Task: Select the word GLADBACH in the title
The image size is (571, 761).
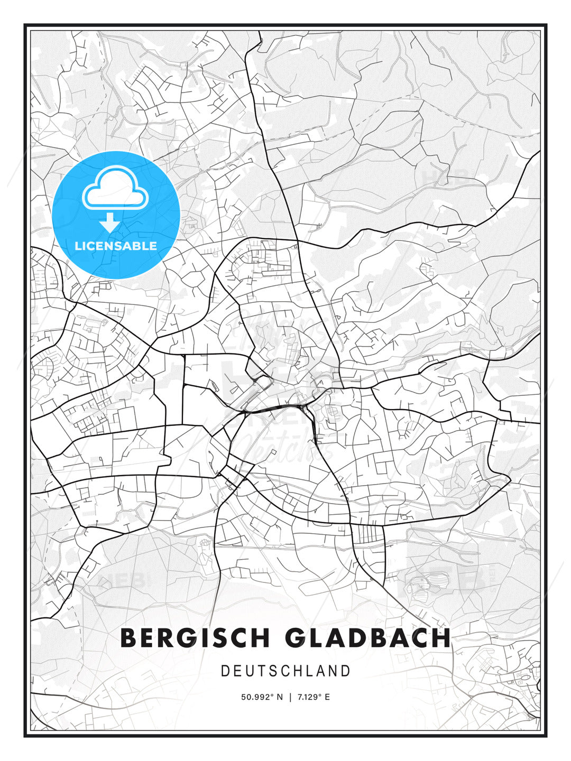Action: point(368,638)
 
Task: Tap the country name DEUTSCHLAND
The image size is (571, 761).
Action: point(285,671)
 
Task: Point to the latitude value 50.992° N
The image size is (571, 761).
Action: point(262,697)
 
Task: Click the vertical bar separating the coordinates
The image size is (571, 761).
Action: point(290,697)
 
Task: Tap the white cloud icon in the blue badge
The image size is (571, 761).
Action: point(114,188)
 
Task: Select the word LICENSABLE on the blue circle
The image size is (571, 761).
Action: point(116,246)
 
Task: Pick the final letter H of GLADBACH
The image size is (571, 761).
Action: point(441,638)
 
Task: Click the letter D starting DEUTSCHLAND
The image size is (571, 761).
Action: point(225,671)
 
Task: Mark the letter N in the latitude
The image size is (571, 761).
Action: point(280,697)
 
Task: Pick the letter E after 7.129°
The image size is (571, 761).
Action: point(327,697)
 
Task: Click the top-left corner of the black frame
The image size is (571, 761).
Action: point(25,25)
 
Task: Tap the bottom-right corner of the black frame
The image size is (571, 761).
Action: point(546,736)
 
